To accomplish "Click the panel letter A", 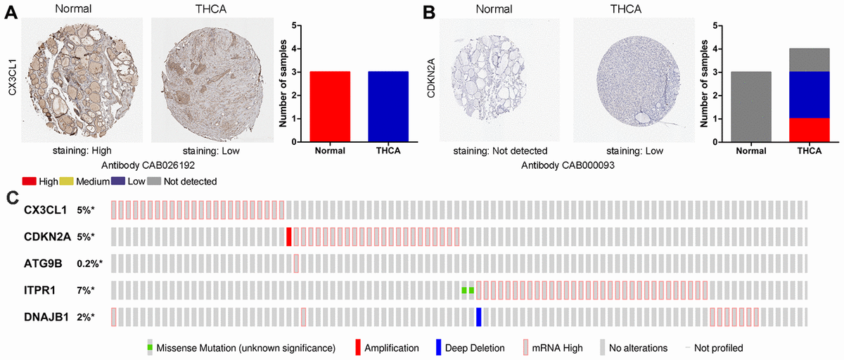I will pyautogui.click(x=11, y=13).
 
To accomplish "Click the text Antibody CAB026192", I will pyautogui.click(x=148, y=165).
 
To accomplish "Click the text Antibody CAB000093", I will pyautogui.click(x=563, y=165).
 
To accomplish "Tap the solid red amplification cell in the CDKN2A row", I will pyautogui.click(x=289, y=237).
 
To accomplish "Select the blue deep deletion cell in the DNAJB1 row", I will pyautogui.click(x=479, y=317).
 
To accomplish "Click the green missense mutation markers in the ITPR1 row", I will pyautogui.click(x=468, y=290).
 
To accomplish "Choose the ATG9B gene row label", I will pyautogui.click(x=44, y=264).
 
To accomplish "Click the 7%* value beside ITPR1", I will pyautogui.click(x=89, y=290).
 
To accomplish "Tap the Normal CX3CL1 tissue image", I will pyautogui.click(x=83, y=78).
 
